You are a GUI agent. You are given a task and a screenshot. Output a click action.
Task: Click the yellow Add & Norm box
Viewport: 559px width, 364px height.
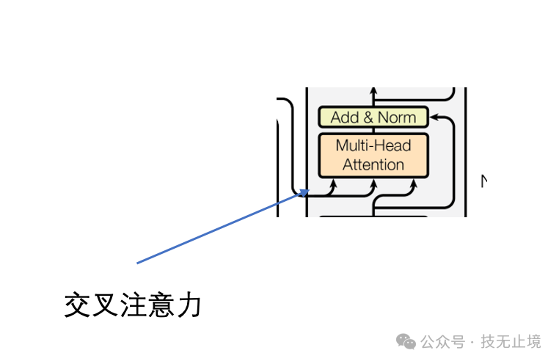click(373, 117)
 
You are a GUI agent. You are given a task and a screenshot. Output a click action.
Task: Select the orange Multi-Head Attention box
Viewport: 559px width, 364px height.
click(373, 155)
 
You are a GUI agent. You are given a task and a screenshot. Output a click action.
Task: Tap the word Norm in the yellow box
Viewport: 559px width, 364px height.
click(397, 117)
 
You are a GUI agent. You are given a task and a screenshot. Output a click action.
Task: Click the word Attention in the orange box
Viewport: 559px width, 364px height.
click(373, 164)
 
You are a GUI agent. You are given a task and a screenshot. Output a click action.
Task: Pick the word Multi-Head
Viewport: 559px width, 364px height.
click(373, 145)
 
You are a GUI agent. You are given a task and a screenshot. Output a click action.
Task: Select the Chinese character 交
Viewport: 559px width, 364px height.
click(77, 305)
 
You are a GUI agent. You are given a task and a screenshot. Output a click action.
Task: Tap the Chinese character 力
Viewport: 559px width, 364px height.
click(189, 305)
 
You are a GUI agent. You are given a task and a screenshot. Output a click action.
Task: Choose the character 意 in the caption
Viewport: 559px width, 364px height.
click(161, 305)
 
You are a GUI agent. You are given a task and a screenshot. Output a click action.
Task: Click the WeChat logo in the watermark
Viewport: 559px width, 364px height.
click(406, 341)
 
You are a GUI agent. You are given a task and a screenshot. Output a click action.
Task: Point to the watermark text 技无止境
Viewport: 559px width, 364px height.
click(511, 341)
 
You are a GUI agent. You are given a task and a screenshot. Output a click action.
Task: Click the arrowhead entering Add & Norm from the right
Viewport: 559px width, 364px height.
click(432, 117)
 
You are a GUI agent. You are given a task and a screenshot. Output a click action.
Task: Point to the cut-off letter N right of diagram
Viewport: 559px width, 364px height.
click(484, 181)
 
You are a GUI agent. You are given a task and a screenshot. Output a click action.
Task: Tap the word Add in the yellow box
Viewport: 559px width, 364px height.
click(344, 117)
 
